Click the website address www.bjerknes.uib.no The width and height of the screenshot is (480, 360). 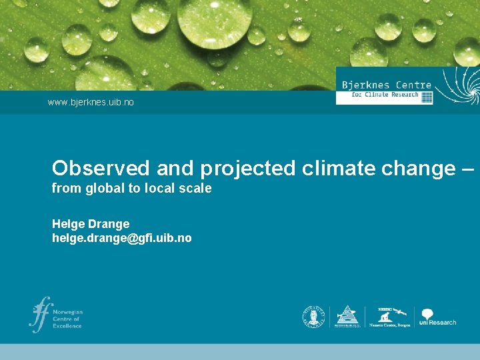coord(91,103)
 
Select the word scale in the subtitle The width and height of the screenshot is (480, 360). coord(195,189)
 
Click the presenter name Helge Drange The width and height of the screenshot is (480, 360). coord(91,224)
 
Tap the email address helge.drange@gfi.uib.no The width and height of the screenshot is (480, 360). coord(121,238)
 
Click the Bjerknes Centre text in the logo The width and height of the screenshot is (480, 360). coord(386,85)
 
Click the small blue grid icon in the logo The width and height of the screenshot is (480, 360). coord(427,97)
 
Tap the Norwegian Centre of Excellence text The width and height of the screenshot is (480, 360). coord(67,319)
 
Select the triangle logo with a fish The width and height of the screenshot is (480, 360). coord(347,316)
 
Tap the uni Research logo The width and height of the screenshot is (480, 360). coord(437,317)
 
